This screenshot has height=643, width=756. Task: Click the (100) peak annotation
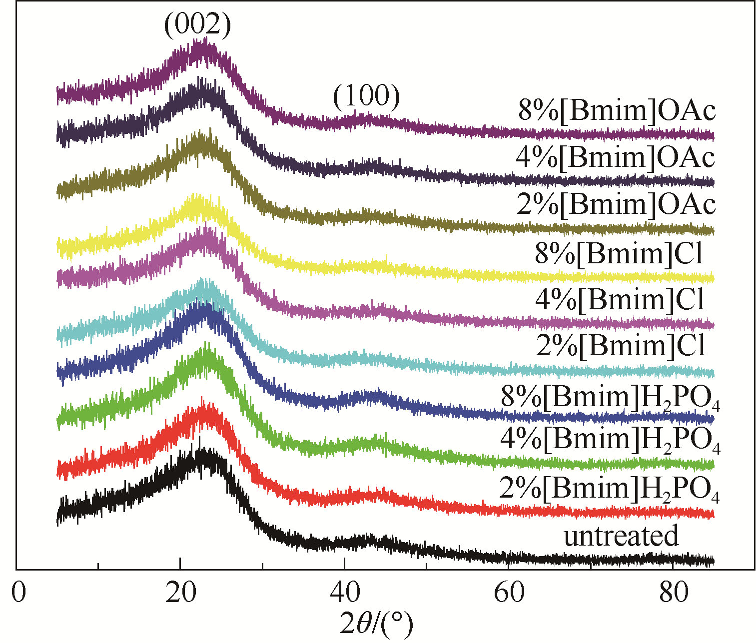click(x=367, y=96)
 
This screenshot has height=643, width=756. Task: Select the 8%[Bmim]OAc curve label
click(x=617, y=110)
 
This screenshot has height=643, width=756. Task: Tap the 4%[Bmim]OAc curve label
click(x=616, y=157)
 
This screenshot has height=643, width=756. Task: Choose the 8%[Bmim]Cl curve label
click(x=620, y=253)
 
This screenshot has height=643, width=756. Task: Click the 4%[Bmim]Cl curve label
click(x=620, y=299)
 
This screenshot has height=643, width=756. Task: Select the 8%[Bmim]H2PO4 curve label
click(x=610, y=398)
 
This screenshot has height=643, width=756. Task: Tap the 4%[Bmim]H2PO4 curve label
click(x=610, y=440)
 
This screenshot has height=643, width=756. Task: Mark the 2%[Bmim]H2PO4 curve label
click(x=609, y=490)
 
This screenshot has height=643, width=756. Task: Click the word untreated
click(x=621, y=536)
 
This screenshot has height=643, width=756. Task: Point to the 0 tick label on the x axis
click(x=18, y=592)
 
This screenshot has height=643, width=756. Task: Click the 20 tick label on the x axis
click(x=180, y=592)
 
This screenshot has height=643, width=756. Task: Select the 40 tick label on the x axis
click(x=344, y=592)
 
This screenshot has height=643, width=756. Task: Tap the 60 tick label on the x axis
click(x=508, y=592)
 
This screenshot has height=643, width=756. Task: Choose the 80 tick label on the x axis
click(x=672, y=592)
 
